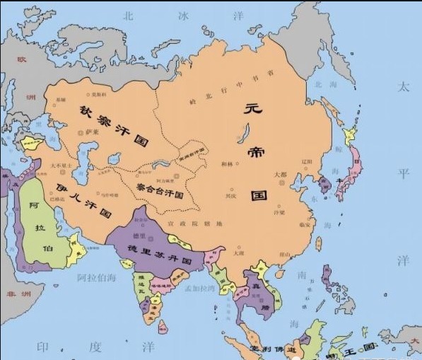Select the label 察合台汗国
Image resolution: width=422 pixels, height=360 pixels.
[165, 189]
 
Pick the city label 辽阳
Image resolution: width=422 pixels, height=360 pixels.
[307, 161]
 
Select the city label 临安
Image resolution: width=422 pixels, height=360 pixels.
[305, 225]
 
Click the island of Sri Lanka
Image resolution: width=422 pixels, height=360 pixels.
[163, 327]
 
